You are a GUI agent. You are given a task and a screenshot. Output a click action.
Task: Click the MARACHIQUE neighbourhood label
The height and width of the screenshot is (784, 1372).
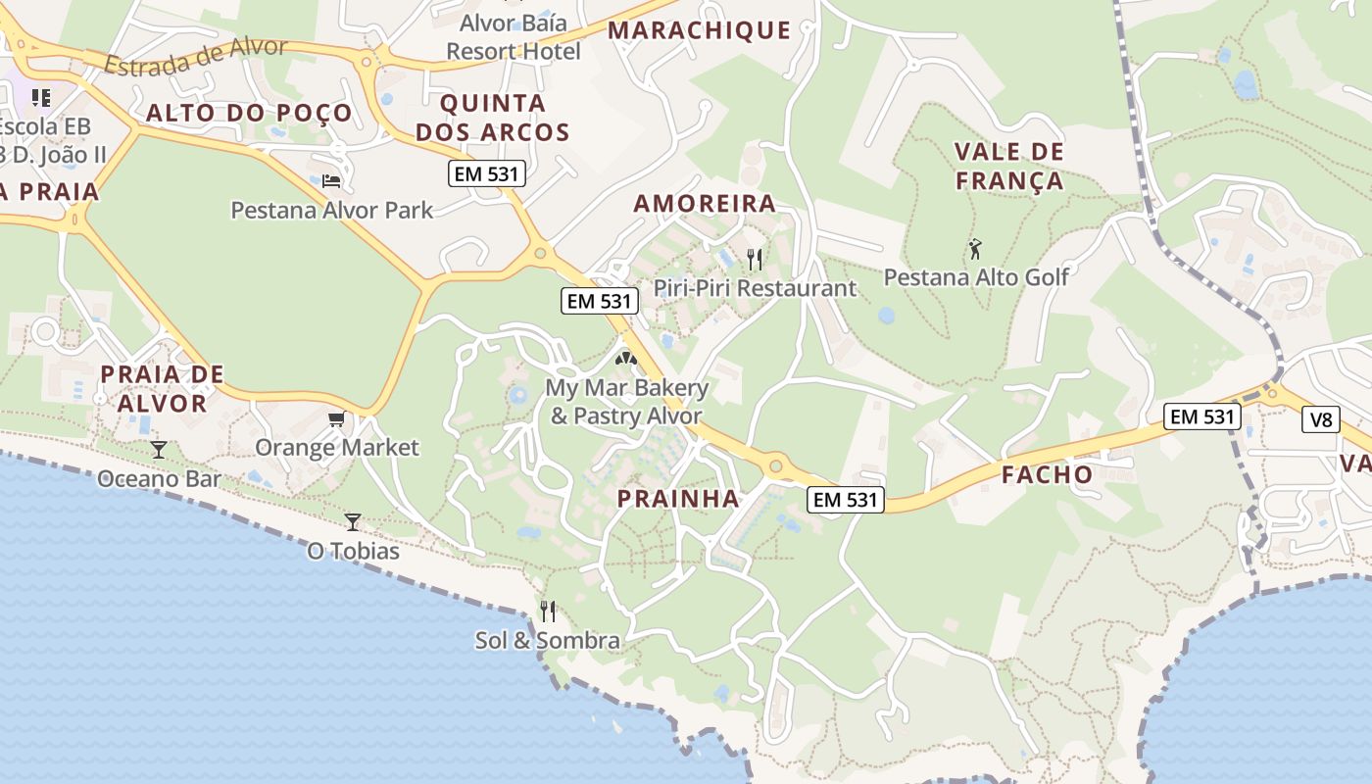click(x=699, y=30)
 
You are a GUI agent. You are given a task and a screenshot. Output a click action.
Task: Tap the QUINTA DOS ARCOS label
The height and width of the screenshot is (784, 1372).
click(x=493, y=118)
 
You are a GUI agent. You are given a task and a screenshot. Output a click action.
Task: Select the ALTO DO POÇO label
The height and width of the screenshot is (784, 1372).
click(x=249, y=113)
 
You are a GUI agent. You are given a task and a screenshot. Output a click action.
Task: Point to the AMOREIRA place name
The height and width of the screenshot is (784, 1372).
click(x=705, y=204)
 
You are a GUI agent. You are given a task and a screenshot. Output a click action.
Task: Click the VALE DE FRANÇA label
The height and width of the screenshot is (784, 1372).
click(x=1009, y=167)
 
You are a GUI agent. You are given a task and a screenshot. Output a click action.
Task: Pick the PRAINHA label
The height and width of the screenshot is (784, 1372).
click(x=678, y=499)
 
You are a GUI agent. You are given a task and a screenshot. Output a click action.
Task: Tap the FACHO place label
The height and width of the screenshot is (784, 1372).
click(x=1047, y=475)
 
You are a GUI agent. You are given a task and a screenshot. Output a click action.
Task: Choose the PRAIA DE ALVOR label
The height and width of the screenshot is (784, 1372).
click(x=162, y=389)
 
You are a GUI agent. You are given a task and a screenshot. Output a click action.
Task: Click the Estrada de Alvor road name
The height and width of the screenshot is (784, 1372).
click(x=195, y=57)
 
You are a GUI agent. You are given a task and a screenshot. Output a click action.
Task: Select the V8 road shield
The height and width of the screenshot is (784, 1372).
click(x=1321, y=419)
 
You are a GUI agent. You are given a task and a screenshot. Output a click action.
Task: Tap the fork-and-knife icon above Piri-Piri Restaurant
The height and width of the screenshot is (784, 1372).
click(x=755, y=260)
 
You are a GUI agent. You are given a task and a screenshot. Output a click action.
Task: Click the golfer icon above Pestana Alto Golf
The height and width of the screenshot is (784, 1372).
click(x=975, y=249)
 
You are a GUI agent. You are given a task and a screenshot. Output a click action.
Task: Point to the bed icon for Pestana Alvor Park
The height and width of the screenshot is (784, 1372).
click(x=331, y=181)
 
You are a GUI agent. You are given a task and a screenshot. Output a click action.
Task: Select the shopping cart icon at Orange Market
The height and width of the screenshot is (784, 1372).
click(x=337, y=419)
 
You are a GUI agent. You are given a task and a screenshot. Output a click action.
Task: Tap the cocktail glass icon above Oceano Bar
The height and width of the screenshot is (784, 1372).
click(x=159, y=450)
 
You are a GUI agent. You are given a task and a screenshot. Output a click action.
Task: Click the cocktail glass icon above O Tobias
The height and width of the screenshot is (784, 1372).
click(x=353, y=522)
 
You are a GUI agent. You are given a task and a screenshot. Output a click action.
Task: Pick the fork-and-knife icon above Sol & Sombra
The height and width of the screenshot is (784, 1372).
click(x=548, y=612)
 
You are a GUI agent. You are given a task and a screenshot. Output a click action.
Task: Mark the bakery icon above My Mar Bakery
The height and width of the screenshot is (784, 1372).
click(x=626, y=359)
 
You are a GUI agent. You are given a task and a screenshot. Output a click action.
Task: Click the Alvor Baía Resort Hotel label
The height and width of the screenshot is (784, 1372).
click(x=514, y=36)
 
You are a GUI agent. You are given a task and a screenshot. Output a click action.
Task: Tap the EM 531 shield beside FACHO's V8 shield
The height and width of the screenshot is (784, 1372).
click(x=1202, y=416)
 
